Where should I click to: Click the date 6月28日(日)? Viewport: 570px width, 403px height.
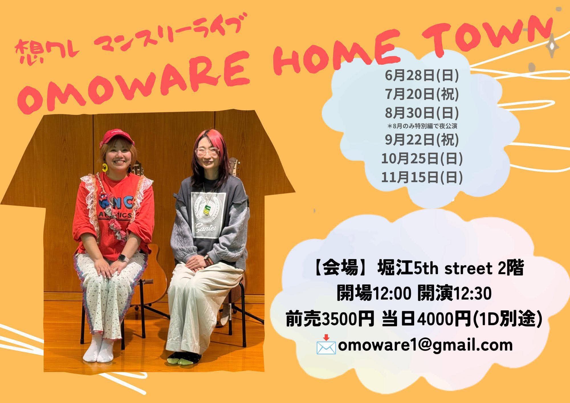(x=422, y=76)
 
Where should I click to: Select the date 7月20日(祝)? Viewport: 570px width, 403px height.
(x=422, y=95)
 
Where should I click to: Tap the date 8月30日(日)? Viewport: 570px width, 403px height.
(x=422, y=113)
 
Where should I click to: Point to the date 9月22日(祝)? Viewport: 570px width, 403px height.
(x=422, y=140)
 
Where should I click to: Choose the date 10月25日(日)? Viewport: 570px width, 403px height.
(x=422, y=158)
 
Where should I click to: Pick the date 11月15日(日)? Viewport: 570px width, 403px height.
(x=422, y=177)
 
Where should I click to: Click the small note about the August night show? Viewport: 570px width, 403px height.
(x=422, y=126)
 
